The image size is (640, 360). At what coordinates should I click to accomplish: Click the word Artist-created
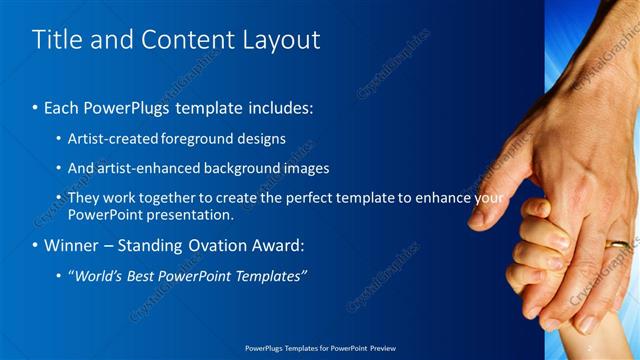pyautogui.click(x=109, y=139)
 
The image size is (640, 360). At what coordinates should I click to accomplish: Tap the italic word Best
pyautogui.click(x=142, y=275)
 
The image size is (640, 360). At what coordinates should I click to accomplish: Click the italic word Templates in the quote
pyautogui.click(x=271, y=275)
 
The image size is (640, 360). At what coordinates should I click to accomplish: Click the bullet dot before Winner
pyautogui.click(x=36, y=245)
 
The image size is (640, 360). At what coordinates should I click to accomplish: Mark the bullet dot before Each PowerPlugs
pyautogui.click(x=36, y=105)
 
